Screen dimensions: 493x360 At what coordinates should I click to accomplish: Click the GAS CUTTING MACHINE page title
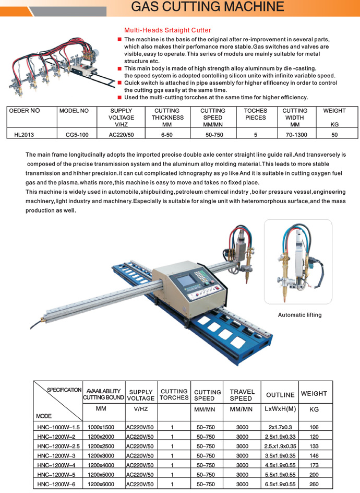[208, 7]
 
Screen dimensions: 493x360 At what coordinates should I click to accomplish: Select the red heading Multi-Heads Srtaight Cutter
[167, 30]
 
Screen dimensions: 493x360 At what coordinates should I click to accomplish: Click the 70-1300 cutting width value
[295, 134]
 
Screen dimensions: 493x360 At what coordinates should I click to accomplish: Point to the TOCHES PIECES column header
[255, 114]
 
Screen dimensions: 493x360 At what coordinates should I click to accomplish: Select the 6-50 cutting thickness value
[167, 134]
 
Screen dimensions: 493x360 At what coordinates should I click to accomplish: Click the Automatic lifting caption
[299, 315]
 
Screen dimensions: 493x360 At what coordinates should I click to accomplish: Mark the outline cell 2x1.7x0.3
[280, 427]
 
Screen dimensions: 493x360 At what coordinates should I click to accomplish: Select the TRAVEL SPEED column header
[242, 395]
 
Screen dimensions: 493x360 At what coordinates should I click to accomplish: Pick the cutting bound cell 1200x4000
[103, 465]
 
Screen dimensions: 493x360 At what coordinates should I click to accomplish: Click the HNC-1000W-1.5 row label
[57, 427]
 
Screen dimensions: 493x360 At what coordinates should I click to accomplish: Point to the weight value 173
[314, 465]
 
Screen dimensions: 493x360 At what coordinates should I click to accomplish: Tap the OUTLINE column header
[280, 395]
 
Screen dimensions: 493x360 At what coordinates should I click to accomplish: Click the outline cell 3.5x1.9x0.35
[280, 456]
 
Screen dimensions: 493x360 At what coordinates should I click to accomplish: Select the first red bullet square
[119, 40]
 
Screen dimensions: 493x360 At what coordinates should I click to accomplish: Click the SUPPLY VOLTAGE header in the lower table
[141, 395]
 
